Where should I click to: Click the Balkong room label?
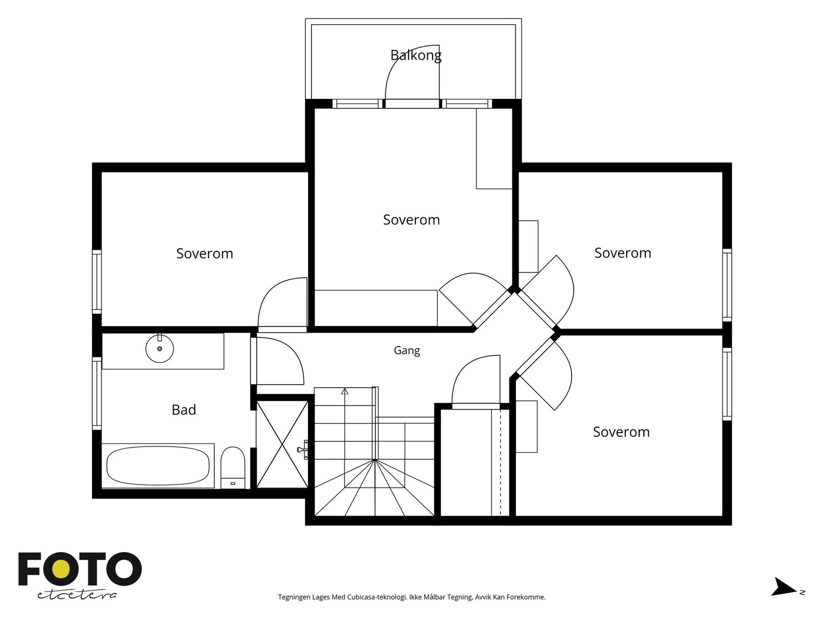tap(416, 55)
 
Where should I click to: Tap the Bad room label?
tap(183, 410)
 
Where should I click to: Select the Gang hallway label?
tap(406, 351)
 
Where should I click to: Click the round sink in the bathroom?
tap(160, 349)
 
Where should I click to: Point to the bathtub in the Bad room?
tap(158, 466)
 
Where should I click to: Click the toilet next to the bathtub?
tap(233, 468)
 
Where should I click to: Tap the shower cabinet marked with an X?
tap(282, 444)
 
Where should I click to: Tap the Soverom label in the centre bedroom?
tap(411, 220)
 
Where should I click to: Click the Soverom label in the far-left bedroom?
tap(204, 254)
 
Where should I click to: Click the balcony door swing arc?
tap(398, 60)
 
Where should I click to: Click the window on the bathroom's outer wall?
tap(97, 393)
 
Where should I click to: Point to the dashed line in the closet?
tap(501, 462)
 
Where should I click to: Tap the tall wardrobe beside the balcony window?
tap(494, 149)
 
